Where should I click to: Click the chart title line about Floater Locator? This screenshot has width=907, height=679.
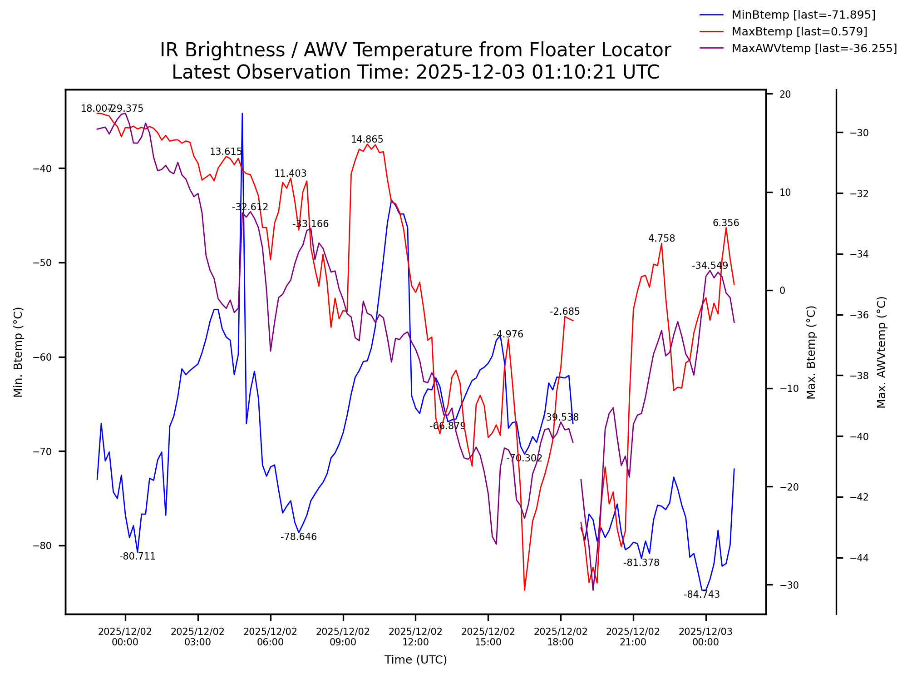coord(415,50)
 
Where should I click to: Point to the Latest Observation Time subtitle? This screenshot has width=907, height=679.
coord(415,72)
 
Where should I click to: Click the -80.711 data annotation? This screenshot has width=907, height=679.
coord(138,556)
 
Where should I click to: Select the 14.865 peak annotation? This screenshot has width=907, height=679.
coord(367,139)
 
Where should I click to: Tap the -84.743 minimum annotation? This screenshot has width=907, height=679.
coord(701,595)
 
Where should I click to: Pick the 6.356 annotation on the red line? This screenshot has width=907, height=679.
coord(726,223)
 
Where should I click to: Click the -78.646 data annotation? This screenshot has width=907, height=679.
coord(298,537)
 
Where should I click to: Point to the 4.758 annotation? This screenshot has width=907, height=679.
coord(661,238)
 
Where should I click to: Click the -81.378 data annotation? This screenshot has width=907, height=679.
coord(641,563)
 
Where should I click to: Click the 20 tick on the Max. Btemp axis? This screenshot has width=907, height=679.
coord(785,94)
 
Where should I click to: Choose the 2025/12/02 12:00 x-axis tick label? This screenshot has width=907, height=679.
coord(415,637)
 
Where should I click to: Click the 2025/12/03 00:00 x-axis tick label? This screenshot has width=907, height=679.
coord(705,637)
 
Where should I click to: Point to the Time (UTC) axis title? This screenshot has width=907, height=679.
coord(415,659)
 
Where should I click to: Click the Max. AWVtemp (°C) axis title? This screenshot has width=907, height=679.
coord(881,352)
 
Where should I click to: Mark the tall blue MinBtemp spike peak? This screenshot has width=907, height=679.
coord(242,114)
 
